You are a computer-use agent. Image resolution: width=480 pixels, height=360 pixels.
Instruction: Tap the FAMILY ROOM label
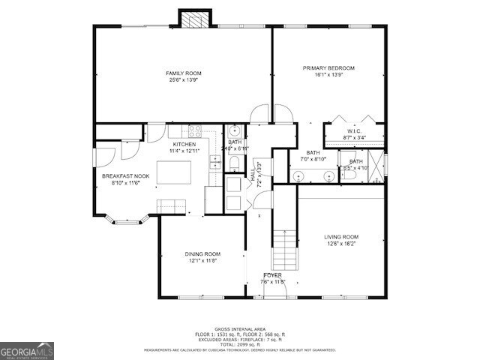click(x=184, y=73)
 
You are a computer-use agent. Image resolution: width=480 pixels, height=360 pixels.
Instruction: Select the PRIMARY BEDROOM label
click(x=328, y=68)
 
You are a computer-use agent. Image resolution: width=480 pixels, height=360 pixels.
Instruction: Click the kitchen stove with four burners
click(x=196, y=130)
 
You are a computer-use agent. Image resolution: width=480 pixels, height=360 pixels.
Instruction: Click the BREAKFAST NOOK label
click(x=124, y=175)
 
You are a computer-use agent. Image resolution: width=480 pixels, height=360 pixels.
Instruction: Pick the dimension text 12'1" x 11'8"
click(x=202, y=261)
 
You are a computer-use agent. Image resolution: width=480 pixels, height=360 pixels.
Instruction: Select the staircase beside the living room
click(x=284, y=250)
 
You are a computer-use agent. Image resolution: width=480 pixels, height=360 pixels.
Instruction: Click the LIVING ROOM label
click(x=341, y=236)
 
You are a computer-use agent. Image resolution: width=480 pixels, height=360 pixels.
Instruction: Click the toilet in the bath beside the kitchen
click(x=234, y=163)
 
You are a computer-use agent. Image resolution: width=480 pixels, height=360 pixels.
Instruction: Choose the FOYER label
click(x=273, y=275)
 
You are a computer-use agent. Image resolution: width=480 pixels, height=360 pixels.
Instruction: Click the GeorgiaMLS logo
click(x=27, y=350)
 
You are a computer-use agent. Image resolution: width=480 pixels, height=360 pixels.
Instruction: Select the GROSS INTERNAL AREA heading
click(x=239, y=328)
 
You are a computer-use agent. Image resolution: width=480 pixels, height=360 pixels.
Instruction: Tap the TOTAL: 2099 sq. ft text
click(x=239, y=343)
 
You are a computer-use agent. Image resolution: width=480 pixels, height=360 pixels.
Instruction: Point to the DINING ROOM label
click(x=202, y=253)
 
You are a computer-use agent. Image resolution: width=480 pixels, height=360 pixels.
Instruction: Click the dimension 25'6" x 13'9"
click(x=184, y=79)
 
